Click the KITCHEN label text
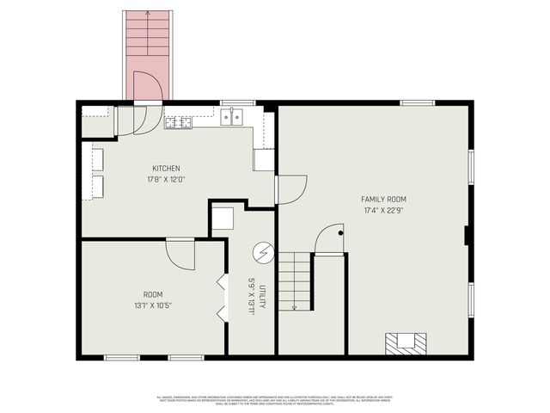tap(166, 168)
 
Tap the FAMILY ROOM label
tap(382, 199)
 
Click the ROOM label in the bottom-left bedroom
tap(153, 293)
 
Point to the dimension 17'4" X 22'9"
tap(382, 209)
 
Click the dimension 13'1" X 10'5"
tap(153, 305)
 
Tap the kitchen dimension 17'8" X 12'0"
tap(166, 179)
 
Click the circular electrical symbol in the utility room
tap(263, 253)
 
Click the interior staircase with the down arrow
tap(294, 280)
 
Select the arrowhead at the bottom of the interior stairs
tap(294, 306)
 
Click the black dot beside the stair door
tap(340, 232)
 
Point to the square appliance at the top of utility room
tap(223, 219)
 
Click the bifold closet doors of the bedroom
tap(223, 298)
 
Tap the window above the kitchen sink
tap(232, 103)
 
